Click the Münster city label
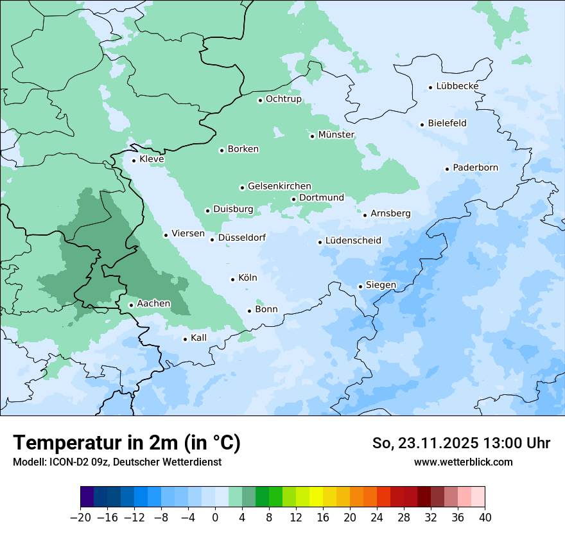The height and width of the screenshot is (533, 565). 336,135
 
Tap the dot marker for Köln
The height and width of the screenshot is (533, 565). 232,279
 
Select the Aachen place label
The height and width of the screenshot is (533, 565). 153,304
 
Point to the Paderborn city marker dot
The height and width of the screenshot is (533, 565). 447,169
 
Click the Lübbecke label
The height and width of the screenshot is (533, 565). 457,86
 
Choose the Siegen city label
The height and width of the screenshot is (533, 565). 381,285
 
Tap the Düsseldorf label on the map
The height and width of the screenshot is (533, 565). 242,238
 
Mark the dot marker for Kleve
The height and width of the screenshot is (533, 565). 134,161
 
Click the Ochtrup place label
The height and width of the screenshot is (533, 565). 283,99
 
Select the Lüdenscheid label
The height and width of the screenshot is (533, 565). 353,241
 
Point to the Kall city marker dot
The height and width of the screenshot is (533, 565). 185,339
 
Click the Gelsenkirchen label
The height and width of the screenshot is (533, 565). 279,186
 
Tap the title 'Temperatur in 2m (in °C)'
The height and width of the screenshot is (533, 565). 126,443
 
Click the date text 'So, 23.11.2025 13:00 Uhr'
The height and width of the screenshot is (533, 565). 461,443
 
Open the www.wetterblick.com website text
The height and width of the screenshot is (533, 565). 463,462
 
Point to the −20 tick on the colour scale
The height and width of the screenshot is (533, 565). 81,517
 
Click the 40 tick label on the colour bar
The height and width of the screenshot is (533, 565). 484,517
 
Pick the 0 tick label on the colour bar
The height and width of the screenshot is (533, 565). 215,517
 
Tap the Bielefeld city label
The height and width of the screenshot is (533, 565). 447,123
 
